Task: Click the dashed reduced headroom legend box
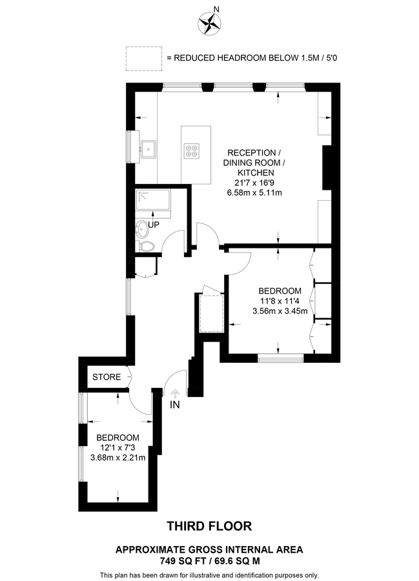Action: (144, 59)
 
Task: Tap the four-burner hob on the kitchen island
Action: (192, 151)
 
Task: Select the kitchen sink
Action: (148, 149)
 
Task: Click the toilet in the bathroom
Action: (145, 247)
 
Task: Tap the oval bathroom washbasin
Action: (142, 229)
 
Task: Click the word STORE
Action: (107, 377)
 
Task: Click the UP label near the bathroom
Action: (154, 225)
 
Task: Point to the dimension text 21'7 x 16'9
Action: (254, 183)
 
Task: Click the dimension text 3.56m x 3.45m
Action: (280, 311)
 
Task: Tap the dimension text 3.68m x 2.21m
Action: (118, 458)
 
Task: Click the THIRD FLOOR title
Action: (209, 526)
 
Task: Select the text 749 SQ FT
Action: (181, 561)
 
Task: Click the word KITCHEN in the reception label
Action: (256, 172)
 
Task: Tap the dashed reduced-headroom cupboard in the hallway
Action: (212, 314)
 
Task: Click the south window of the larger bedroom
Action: (280, 358)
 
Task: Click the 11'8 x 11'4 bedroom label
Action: (280, 301)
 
